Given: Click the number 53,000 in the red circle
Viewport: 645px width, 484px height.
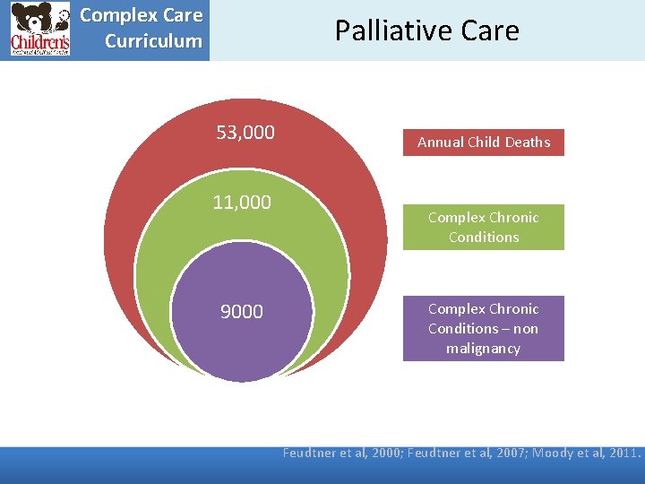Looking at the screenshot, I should tap(245, 134).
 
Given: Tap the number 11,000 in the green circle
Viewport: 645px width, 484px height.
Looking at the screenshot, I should tap(242, 203).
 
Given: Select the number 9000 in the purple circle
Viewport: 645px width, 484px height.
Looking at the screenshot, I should tap(242, 312).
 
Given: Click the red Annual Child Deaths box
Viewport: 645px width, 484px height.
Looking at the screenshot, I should tap(484, 143).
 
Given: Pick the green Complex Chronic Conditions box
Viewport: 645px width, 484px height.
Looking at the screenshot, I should tap(484, 227).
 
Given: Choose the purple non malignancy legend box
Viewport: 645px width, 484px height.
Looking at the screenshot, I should tap(484, 328).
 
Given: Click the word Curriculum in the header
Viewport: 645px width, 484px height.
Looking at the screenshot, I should tap(153, 41).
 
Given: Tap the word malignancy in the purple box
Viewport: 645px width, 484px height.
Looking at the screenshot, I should tap(483, 348).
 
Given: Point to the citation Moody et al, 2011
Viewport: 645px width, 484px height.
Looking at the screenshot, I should tap(587, 453).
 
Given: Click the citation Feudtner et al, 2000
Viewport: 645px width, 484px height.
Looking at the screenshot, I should tap(343, 453).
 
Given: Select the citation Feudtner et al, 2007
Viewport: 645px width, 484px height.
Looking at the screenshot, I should tap(468, 453).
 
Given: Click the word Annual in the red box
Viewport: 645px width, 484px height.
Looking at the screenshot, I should tap(439, 143).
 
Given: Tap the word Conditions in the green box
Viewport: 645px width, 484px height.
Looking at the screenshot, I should tap(484, 237).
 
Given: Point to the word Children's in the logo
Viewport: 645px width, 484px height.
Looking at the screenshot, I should tap(39, 41).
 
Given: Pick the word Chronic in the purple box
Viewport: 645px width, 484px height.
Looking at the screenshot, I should tap(511, 308).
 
